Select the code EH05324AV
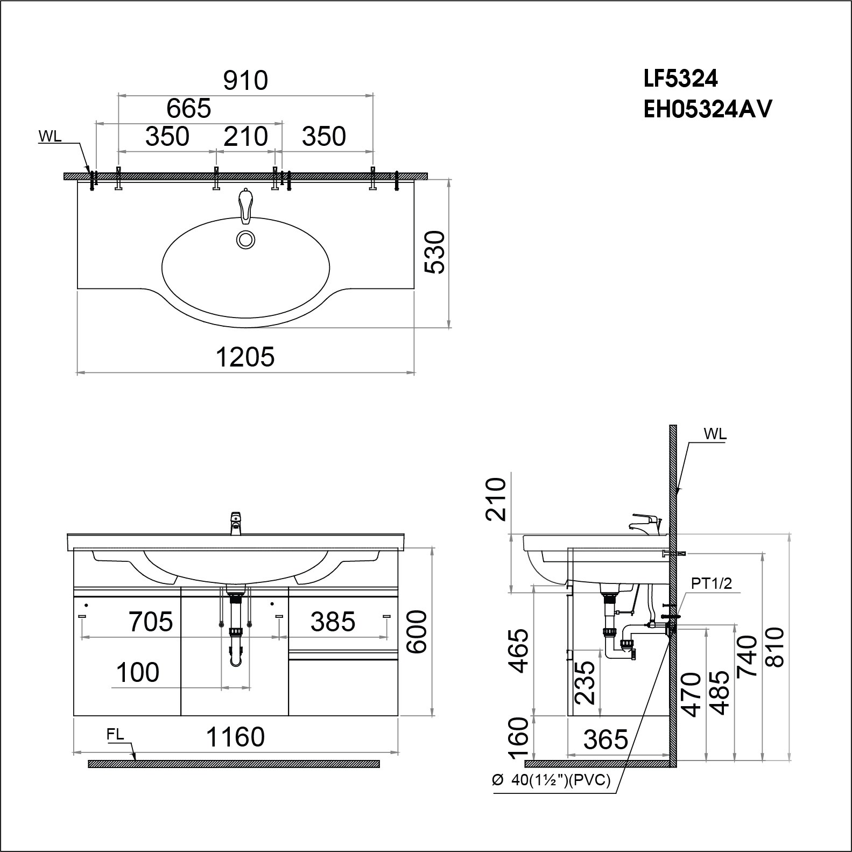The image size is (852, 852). coord(708,110)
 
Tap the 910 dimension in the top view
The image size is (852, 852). coord(245,81)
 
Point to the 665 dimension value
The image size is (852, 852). coord(188,109)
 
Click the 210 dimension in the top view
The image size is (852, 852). coord(245,137)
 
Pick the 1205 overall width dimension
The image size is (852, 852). coord(245,357)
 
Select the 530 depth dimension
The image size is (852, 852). coord(435,252)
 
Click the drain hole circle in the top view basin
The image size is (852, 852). coord(246,240)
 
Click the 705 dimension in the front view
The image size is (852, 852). coord(151,622)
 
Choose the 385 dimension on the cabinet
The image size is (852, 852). coord(333,622)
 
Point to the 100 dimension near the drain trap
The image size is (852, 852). coord(138,673)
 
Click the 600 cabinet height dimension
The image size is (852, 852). coord(418,632)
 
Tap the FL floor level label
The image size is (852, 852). coord(115,735)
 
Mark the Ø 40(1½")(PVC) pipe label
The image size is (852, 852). coord(551,780)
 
